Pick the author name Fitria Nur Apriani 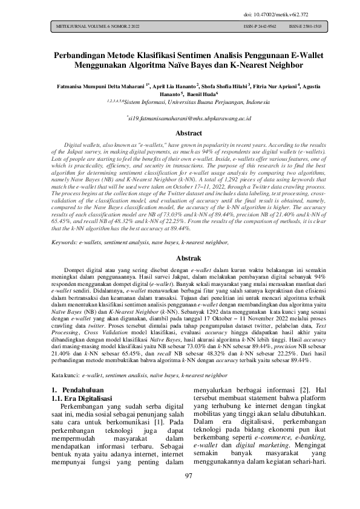point(275,86)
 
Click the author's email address point(180,119)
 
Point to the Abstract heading point(180,133)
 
